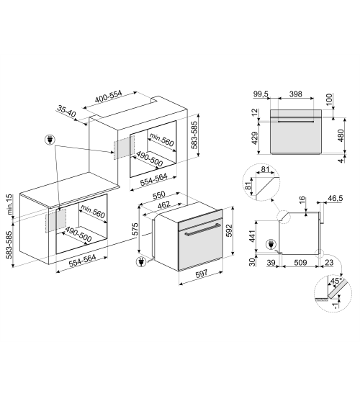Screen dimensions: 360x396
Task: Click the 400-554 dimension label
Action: click(x=109, y=96)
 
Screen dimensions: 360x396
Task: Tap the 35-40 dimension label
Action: click(x=66, y=111)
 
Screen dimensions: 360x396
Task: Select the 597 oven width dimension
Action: click(x=202, y=274)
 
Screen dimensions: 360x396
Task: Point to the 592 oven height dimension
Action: click(x=229, y=230)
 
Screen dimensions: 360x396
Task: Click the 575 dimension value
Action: click(x=135, y=229)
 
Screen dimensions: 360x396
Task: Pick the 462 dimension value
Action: click(x=163, y=204)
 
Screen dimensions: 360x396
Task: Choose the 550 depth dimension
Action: click(x=159, y=195)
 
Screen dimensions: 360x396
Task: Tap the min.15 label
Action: click(x=9, y=204)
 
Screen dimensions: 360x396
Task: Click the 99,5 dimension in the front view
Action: click(x=261, y=94)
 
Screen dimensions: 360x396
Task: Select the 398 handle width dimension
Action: click(x=295, y=94)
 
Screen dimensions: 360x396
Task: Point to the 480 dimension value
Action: click(x=341, y=135)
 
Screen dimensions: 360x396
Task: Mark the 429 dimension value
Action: click(x=255, y=138)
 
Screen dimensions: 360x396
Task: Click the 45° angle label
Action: click(x=336, y=281)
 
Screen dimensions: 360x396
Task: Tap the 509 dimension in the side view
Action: click(x=300, y=263)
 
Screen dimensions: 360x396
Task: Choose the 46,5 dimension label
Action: click(x=336, y=198)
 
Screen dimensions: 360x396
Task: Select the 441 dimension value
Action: click(x=253, y=235)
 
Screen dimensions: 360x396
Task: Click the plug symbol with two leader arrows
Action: click(x=50, y=140)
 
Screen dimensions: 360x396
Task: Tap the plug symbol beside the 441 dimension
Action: click(x=271, y=245)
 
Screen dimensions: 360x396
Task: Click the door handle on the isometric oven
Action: click(x=203, y=229)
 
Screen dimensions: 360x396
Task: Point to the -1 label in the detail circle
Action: click(x=336, y=305)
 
